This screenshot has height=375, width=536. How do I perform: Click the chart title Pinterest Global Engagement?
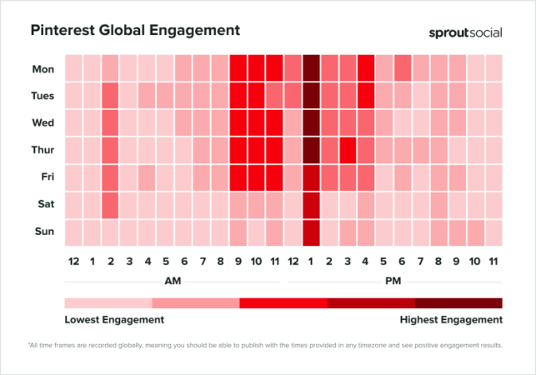point(135,30)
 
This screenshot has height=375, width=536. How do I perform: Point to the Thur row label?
point(43,150)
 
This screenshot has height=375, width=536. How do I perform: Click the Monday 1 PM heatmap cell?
point(311,67)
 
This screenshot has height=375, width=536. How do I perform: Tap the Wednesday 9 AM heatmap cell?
point(238,122)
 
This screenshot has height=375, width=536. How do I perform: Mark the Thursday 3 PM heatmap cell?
point(348,150)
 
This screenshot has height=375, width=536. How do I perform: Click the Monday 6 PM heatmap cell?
point(403,67)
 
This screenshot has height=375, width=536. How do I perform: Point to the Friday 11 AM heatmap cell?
point(275,177)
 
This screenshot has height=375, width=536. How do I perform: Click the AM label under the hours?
point(173,281)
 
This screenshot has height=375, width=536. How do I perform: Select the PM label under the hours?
point(393,281)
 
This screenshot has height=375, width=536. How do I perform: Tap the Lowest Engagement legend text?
point(114,319)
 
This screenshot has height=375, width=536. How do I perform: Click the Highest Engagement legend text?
point(452,319)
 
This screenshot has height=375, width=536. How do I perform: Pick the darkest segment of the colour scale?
point(458,302)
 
